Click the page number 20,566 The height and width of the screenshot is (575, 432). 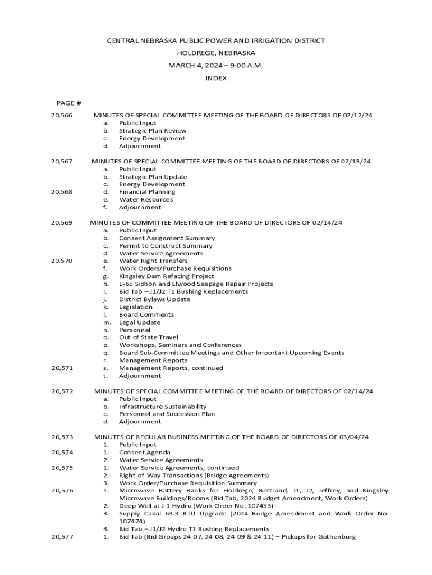62,115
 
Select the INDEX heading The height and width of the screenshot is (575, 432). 216,79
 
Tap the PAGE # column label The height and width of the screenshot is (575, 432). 68,103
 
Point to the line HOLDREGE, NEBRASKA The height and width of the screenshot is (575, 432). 216,53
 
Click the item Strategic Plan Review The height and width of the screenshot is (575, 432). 153,131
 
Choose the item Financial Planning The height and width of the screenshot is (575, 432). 147,192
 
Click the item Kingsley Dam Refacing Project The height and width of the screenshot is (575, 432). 166,276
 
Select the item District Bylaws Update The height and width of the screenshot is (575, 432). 154,299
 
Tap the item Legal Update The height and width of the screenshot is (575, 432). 139,322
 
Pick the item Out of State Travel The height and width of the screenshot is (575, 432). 148,337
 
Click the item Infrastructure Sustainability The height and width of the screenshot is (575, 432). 163,407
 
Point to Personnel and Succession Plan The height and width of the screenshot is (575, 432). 167,414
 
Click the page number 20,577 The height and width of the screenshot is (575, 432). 62,537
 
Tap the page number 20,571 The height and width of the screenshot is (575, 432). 62,368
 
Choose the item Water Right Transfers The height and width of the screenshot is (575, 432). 153,261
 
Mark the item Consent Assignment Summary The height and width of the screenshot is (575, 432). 167,238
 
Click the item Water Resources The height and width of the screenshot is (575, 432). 146,199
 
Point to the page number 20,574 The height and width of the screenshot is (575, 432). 62,453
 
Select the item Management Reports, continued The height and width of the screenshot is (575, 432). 171,368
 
